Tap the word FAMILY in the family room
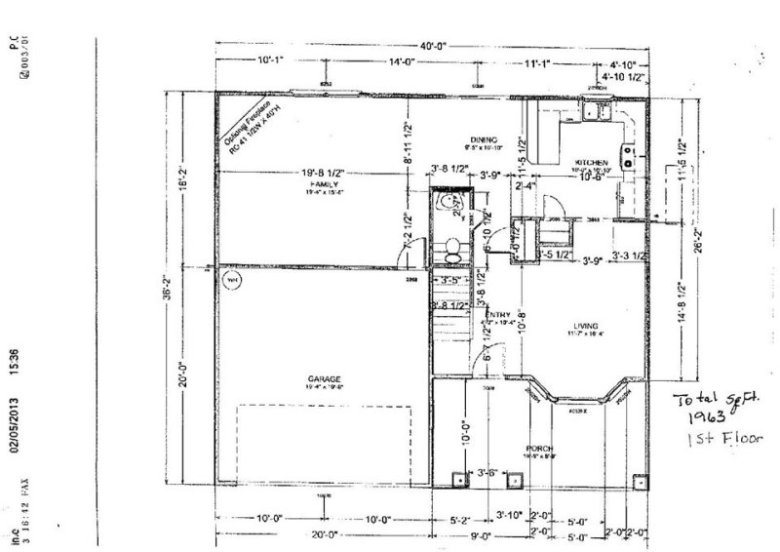pyautogui.click(x=323, y=183)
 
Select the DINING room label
pyautogui.click(x=483, y=139)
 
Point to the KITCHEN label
pyautogui.click(x=592, y=161)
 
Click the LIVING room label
pyautogui.click(x=585, y=325)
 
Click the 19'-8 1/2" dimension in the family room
pyautogui.click(x=323, y=173)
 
